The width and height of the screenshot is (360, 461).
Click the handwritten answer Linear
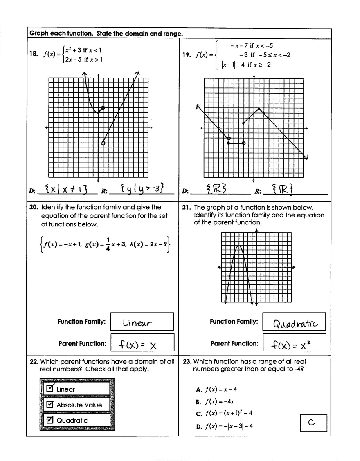137,323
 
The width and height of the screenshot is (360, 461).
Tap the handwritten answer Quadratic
295,324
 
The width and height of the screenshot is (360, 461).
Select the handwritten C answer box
313,423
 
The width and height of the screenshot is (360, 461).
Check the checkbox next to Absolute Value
50,405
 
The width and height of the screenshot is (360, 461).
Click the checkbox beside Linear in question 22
50,389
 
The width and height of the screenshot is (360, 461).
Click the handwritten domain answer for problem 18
67,189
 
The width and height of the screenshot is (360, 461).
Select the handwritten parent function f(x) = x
138,345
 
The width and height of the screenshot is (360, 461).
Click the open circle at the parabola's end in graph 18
103,108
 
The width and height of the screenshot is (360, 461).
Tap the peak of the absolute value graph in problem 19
259,108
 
